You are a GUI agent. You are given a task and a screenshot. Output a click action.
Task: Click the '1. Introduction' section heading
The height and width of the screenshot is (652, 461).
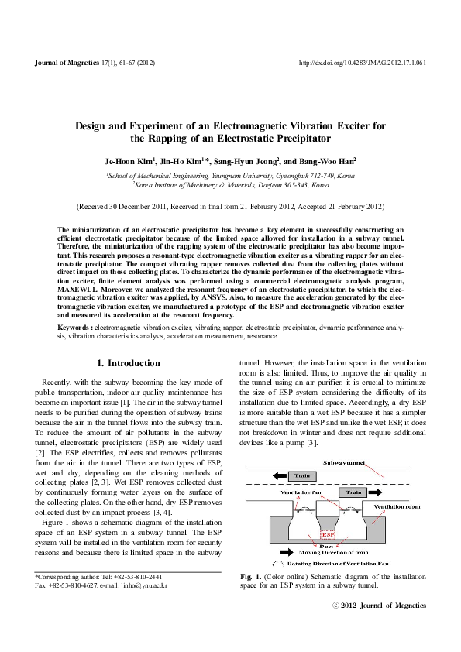click(128, 362)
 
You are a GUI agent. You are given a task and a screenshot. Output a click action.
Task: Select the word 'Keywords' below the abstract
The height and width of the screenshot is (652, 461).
click(75, 328)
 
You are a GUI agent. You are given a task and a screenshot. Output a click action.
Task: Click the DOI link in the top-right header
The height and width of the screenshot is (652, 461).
click(363, 63)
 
